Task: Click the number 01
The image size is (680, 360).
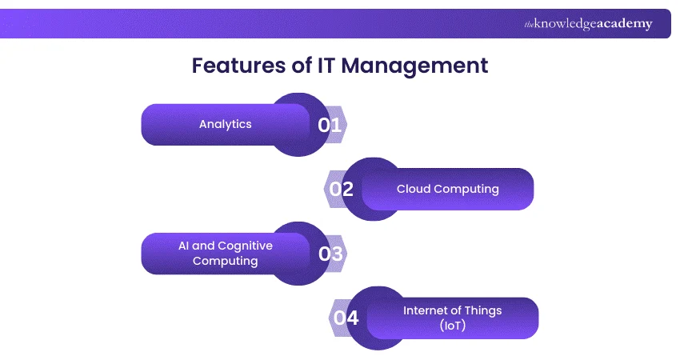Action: [330, 125]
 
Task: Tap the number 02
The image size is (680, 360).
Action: [341, 189]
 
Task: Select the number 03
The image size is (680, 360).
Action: [330, 254]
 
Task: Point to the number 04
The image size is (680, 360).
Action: [346, 318]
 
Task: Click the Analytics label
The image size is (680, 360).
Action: [226, 124]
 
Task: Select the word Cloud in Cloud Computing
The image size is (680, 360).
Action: [414, 189]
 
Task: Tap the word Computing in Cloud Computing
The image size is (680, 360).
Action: [466, 189]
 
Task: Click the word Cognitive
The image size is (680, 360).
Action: [245, 246]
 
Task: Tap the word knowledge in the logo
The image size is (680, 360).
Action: [565, 24]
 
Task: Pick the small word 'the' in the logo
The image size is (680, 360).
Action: [528, 25]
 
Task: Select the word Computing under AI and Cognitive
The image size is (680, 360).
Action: [225, 261]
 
